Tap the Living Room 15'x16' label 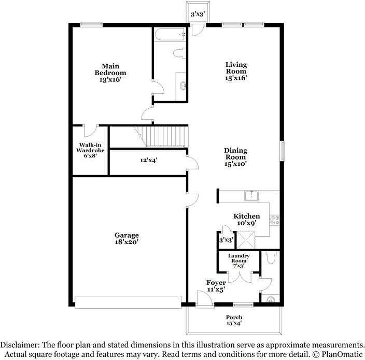pyautogui.click(x=236, y=71)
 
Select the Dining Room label pyautogui.click(x=235, y=154)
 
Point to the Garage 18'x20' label pyautogui.click(x=127, y=238)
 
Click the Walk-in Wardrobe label pyautogui.click(x=90, y=148)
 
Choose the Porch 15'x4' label pyautogui.click(x=234, y=320)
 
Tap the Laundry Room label pyautogui.click(x=238, y=258)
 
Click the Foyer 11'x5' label pyautogui.click(x=216, y=286)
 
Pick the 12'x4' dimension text pyautogui.click(x=149, y=160)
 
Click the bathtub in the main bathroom pyautogui.click(x=170, y=34)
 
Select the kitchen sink pyautogui.click(x=251, y=196)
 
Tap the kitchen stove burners pyautogui.click(x=274, y=220)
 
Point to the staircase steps pyautogui.click(x=163, y=137)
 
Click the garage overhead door pyautogui.click(x=128, y=302)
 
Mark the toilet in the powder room pyautogui.click(x=271, y=257)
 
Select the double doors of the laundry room pyautogui.click(x=240, y=277)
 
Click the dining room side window pyautogui.click(x=282, y=151)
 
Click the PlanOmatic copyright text pyautogui.click(x=338, y=354)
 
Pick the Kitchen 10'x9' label pyautogui.click(x=247, y=220)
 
